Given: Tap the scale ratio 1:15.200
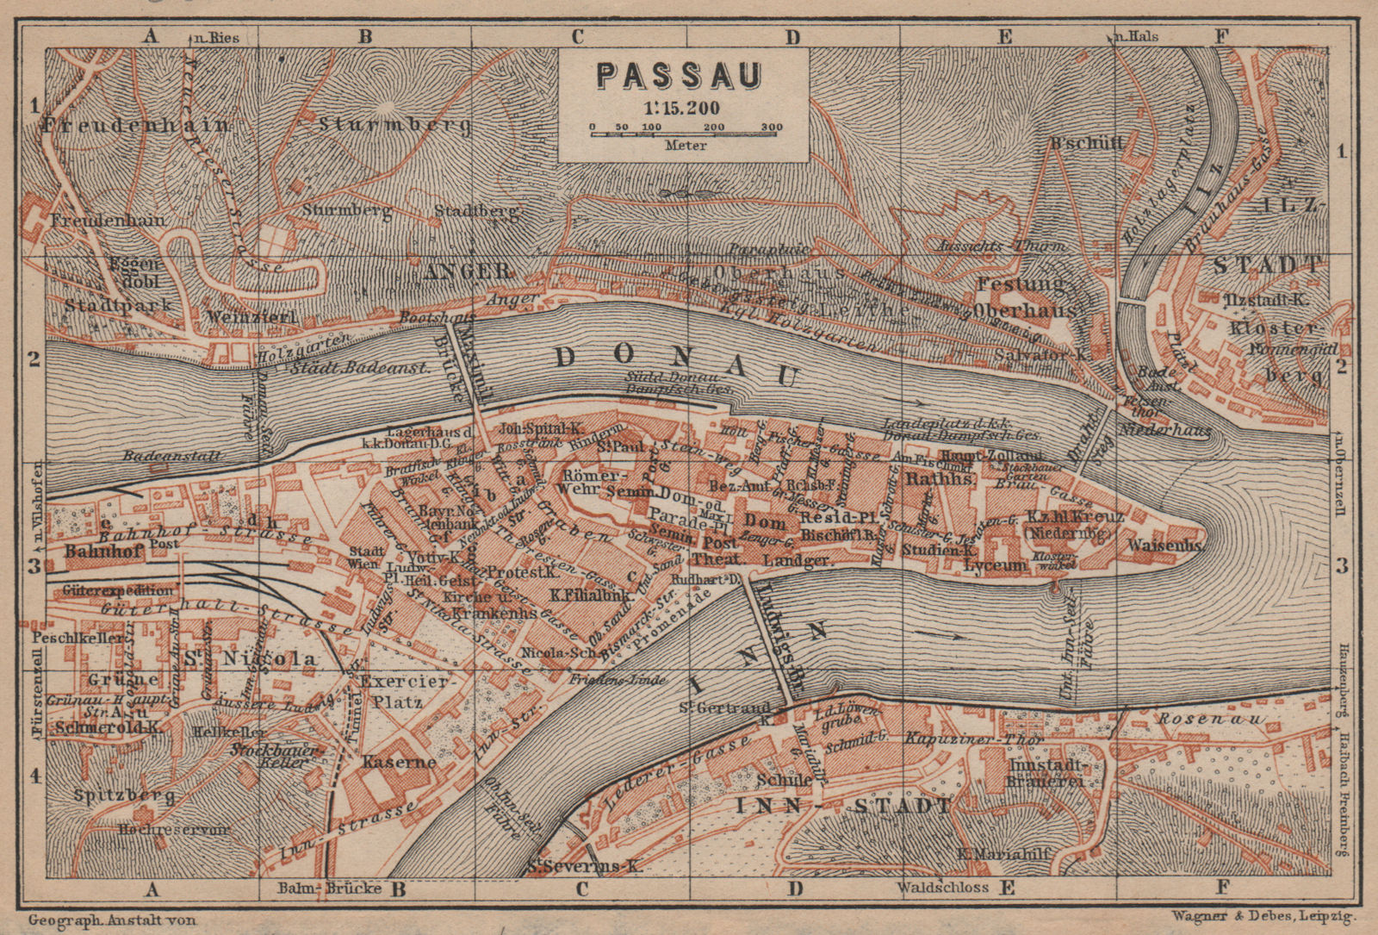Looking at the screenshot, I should tap(680, 109).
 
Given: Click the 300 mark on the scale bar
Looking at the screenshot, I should tap(772, 128).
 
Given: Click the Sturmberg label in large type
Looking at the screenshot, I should tap(394, 126).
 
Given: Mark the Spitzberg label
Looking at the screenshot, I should tap(113, 794).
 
